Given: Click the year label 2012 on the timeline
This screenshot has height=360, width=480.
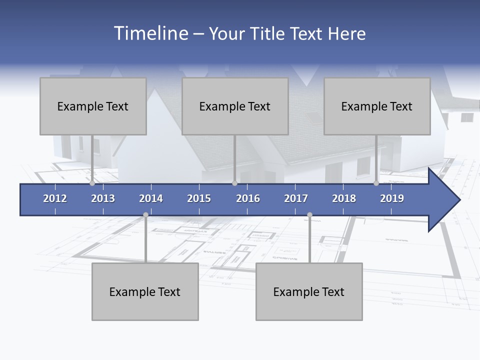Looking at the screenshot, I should pos(55,198).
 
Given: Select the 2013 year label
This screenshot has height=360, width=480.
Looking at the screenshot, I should pos(103,198).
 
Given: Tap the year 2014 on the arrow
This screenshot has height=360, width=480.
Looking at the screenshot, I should pos(151,198).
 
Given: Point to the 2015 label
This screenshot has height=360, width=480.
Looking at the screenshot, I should pos(199,198).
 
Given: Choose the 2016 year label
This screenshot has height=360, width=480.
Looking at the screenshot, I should pos(248,198).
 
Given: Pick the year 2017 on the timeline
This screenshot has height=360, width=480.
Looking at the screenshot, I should pos(296,198).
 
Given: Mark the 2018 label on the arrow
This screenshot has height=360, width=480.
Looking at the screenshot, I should pos(344,198).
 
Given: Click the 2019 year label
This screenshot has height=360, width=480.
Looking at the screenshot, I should pos(392,198).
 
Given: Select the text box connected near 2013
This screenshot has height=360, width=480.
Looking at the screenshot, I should pos(93,106).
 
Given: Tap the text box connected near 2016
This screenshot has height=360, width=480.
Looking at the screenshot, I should pos(235,106).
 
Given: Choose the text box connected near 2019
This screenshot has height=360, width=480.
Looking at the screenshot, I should pos(377,106).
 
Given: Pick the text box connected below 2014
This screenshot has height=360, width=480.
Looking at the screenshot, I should pos(145,291).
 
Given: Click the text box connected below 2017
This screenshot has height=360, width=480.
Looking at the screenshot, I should pos(309,291).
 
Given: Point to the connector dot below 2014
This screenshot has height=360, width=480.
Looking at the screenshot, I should pos(145,215).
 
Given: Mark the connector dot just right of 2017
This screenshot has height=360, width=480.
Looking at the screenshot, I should pos(309,215).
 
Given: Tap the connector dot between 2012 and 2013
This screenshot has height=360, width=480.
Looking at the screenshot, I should pos(92,183).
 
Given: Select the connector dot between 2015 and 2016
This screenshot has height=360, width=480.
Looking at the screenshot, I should pos(234,183).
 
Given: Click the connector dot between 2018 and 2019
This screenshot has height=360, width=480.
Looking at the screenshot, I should pos(376,183).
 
